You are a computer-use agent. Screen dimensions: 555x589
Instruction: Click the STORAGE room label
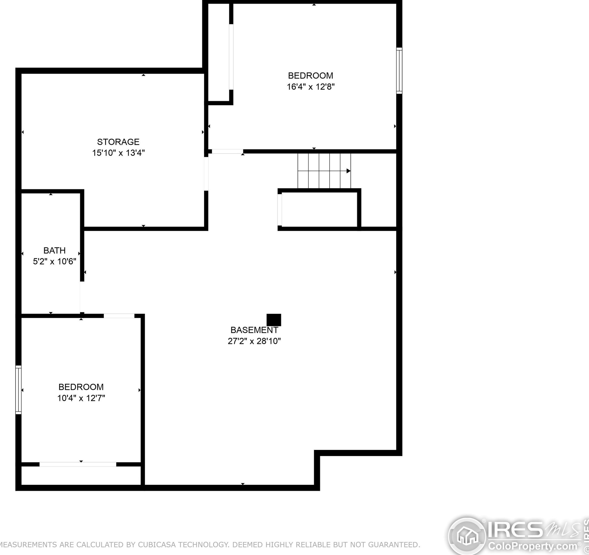pyautogui.click(x=118, y=142)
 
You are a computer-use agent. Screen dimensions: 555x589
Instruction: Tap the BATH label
pyautogui.click(x=54, y=251)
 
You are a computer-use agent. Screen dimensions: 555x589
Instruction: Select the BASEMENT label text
pyautogui.click(x=254, y=330)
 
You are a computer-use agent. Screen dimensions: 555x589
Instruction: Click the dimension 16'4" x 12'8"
pyautogui.click(x=311, y=87)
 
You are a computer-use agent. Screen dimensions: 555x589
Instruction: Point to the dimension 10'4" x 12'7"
pyautogui.click(x=81, y=398)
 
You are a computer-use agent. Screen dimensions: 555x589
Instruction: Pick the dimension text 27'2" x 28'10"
pyautogui.click(x=254, y=341)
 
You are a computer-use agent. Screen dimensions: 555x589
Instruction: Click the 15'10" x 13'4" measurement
pyautogui.click(x=118, y=153)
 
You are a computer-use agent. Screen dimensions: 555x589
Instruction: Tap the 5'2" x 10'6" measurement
pyautogui.click(x=54, y=261)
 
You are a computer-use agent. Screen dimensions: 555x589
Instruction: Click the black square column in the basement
pyautogui.click(x=274, y=320)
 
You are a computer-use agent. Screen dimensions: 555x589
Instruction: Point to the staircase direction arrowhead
pyautogui.click(x=348, y=171)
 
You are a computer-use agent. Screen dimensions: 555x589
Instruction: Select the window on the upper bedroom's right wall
pyautogui.click(x=399, y=70)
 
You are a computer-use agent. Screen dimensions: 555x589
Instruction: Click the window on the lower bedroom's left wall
pyautogui.click(x=18, y=390)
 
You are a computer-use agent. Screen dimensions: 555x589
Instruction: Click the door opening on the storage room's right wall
pyautogui.click(x=206, y=174)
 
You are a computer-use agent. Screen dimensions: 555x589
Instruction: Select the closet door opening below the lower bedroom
pyautogui.click(x=78, y=464)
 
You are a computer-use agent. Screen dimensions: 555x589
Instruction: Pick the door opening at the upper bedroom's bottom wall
pyautogui.click(x=227, y=151)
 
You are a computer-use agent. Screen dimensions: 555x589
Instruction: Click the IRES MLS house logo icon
pyautogui.click(x=467, y=537)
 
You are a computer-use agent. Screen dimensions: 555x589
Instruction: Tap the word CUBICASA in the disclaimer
pyautogui.click(x=156, y=545)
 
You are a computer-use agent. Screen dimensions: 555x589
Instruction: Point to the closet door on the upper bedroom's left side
pyautogui.click(x=231, y=57)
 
